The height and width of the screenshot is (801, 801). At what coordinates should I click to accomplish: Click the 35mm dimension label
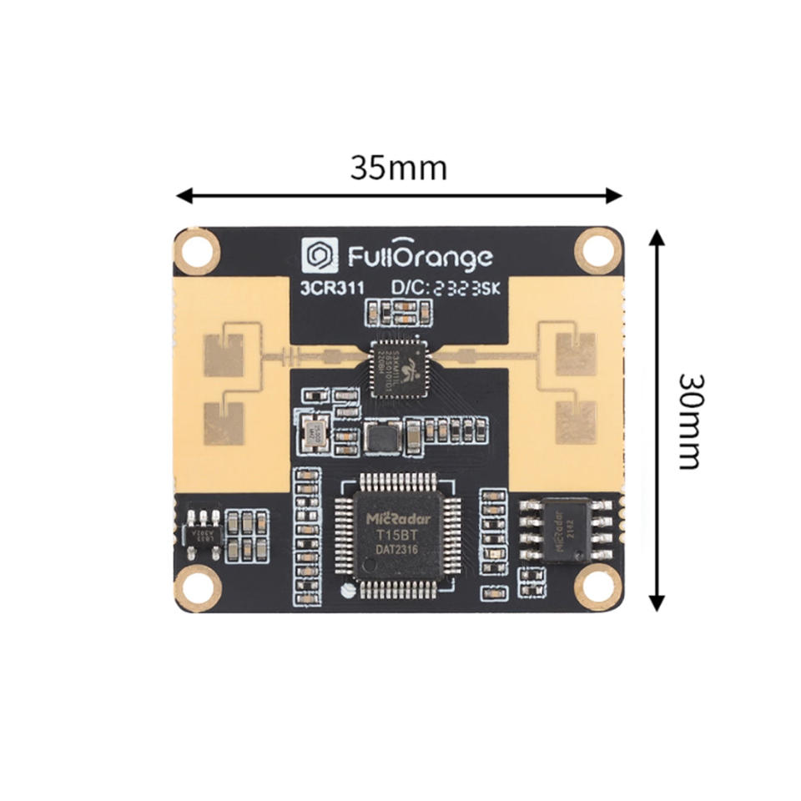pos(398,168)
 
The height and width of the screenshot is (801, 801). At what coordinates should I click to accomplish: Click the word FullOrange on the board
pos(420,257)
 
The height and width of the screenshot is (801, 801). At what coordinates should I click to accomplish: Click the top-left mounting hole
pos(199,251)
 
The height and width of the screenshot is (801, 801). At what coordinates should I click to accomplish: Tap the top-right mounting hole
pos(598,250)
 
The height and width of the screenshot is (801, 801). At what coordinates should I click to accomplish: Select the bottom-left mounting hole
pos(199,588)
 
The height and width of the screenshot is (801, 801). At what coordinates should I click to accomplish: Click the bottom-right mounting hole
pos(598,587)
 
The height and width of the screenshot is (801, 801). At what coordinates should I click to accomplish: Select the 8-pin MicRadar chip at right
pos(567,531)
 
